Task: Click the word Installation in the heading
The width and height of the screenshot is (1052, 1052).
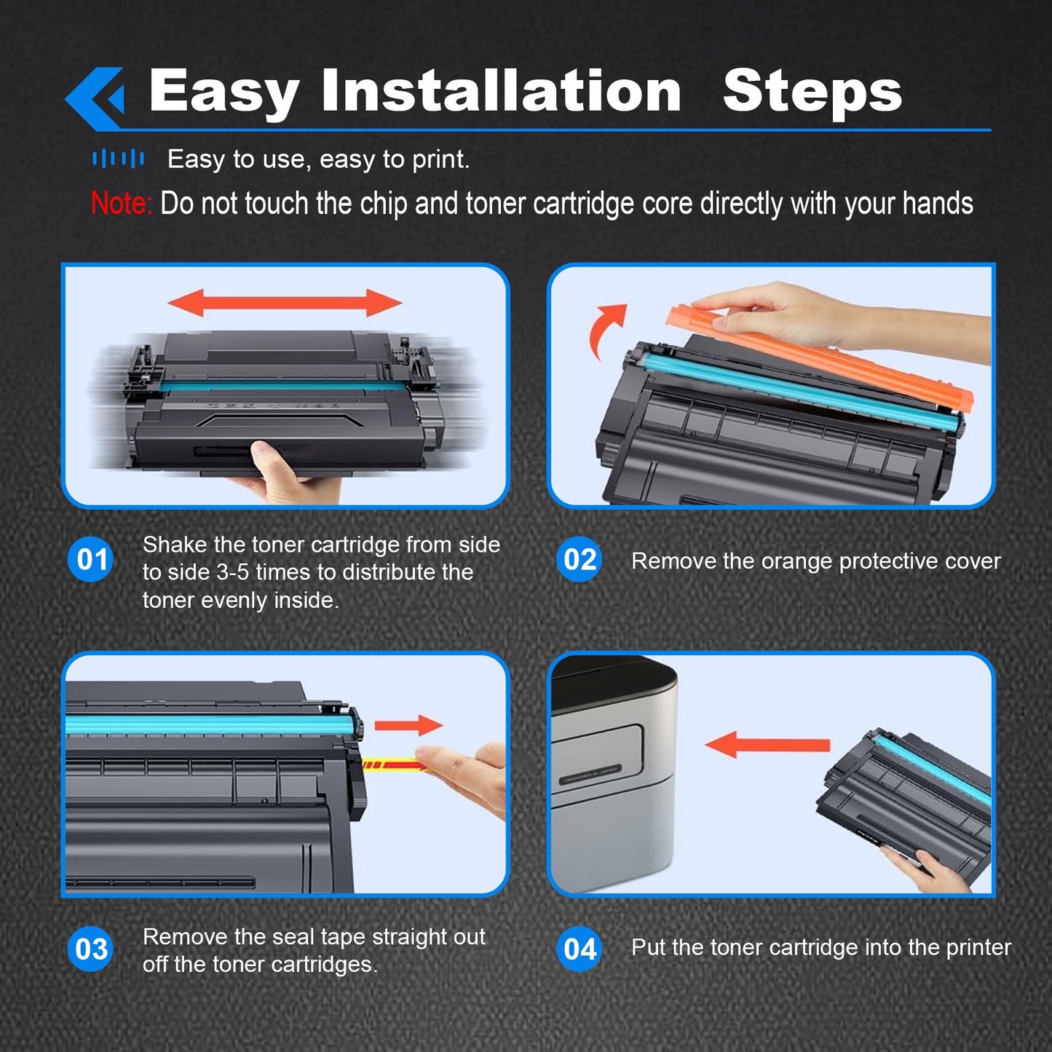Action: [501, 91]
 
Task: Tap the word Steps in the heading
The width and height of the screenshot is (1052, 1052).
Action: [812, 93]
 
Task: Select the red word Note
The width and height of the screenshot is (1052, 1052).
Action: [121, 203]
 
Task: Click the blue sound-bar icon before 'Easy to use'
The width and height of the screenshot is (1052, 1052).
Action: [118, 159]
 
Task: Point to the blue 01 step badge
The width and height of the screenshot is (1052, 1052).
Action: [90, 559]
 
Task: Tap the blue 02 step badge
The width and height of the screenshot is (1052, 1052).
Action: [580, 559]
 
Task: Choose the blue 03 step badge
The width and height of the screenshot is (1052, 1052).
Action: [90, 949]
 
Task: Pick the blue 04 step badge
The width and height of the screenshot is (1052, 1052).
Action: [580, 949]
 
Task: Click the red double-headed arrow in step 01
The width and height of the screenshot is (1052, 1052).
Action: [285, 303]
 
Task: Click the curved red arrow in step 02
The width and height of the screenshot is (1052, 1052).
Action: [605, 331]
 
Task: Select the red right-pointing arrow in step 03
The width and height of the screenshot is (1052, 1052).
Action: [408, 725]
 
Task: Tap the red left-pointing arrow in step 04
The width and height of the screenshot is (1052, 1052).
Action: [767, 745]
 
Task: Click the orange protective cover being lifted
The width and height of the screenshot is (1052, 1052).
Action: [819, 358]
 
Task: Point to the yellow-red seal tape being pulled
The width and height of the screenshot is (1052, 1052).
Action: [394, 765]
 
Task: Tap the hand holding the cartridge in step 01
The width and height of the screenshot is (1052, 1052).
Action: [289, 474]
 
